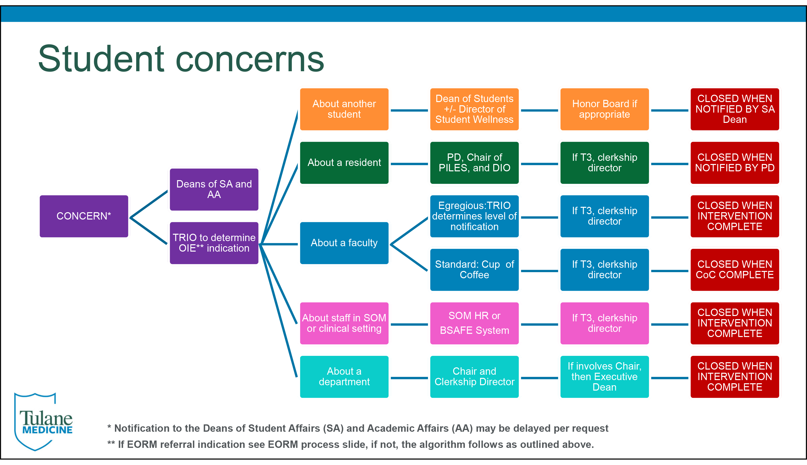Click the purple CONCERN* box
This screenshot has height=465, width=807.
click(84, 216)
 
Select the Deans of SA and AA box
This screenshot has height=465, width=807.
click(214, 189)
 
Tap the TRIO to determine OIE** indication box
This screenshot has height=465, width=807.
click(214, 243)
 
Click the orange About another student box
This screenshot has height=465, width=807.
click(344, 109)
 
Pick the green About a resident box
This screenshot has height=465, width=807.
click(344, 163)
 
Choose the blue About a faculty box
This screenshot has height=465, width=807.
click(344, 243)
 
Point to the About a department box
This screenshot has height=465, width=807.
click(344, 377)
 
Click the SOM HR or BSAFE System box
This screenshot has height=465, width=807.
click(474, 323)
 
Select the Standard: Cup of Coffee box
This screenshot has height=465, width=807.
click(474, 270)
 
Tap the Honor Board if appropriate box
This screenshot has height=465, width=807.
click(605, 109)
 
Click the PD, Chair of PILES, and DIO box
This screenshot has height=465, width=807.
click(474, 163)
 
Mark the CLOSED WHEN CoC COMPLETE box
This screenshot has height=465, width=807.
click(735, 270)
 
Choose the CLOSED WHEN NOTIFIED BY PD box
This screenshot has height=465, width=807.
click(735, 163)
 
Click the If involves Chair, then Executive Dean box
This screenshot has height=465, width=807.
click(605, 377)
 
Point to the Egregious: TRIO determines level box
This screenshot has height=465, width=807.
click(474, 216)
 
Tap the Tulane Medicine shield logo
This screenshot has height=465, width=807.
click(44, 422)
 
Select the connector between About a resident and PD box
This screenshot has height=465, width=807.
click(409, 164)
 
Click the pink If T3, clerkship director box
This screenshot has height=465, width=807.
click(605, 323)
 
